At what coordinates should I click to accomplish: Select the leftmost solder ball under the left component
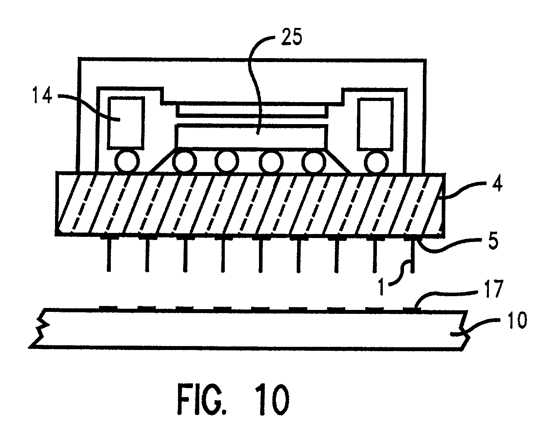click(127, 162)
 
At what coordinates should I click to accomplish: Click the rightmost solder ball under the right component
click(376, 162)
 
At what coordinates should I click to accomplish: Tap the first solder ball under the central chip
click(185, 162)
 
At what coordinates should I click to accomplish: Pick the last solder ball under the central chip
click(314, 162)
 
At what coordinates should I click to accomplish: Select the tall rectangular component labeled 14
click(126, 123)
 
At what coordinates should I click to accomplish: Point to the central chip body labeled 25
click(252, 136)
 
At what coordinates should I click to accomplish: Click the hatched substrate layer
click(252, 204)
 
